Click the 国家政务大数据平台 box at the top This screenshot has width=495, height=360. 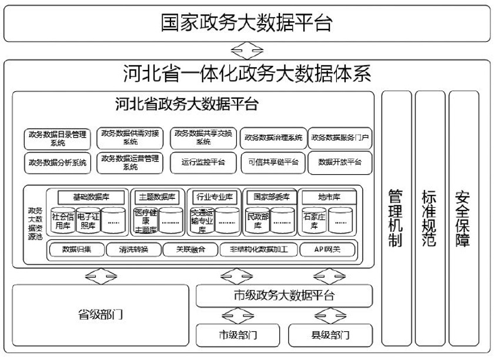247,24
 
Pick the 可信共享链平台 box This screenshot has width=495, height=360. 273,162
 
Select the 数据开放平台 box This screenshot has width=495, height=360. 340,162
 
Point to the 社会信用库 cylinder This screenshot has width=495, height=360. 62,221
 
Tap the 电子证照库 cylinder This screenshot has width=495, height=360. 88,221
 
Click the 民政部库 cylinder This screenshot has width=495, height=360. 256,221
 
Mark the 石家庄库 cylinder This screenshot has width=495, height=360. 314,221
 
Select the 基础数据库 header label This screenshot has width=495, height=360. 91,196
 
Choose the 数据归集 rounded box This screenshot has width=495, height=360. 76,249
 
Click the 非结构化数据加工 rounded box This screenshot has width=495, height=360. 255,249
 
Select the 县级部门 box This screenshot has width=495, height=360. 330,335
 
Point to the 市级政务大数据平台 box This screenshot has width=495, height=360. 284,295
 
